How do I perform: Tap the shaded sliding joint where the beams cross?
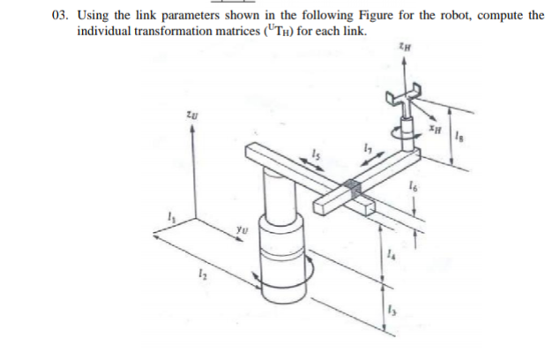354,187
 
